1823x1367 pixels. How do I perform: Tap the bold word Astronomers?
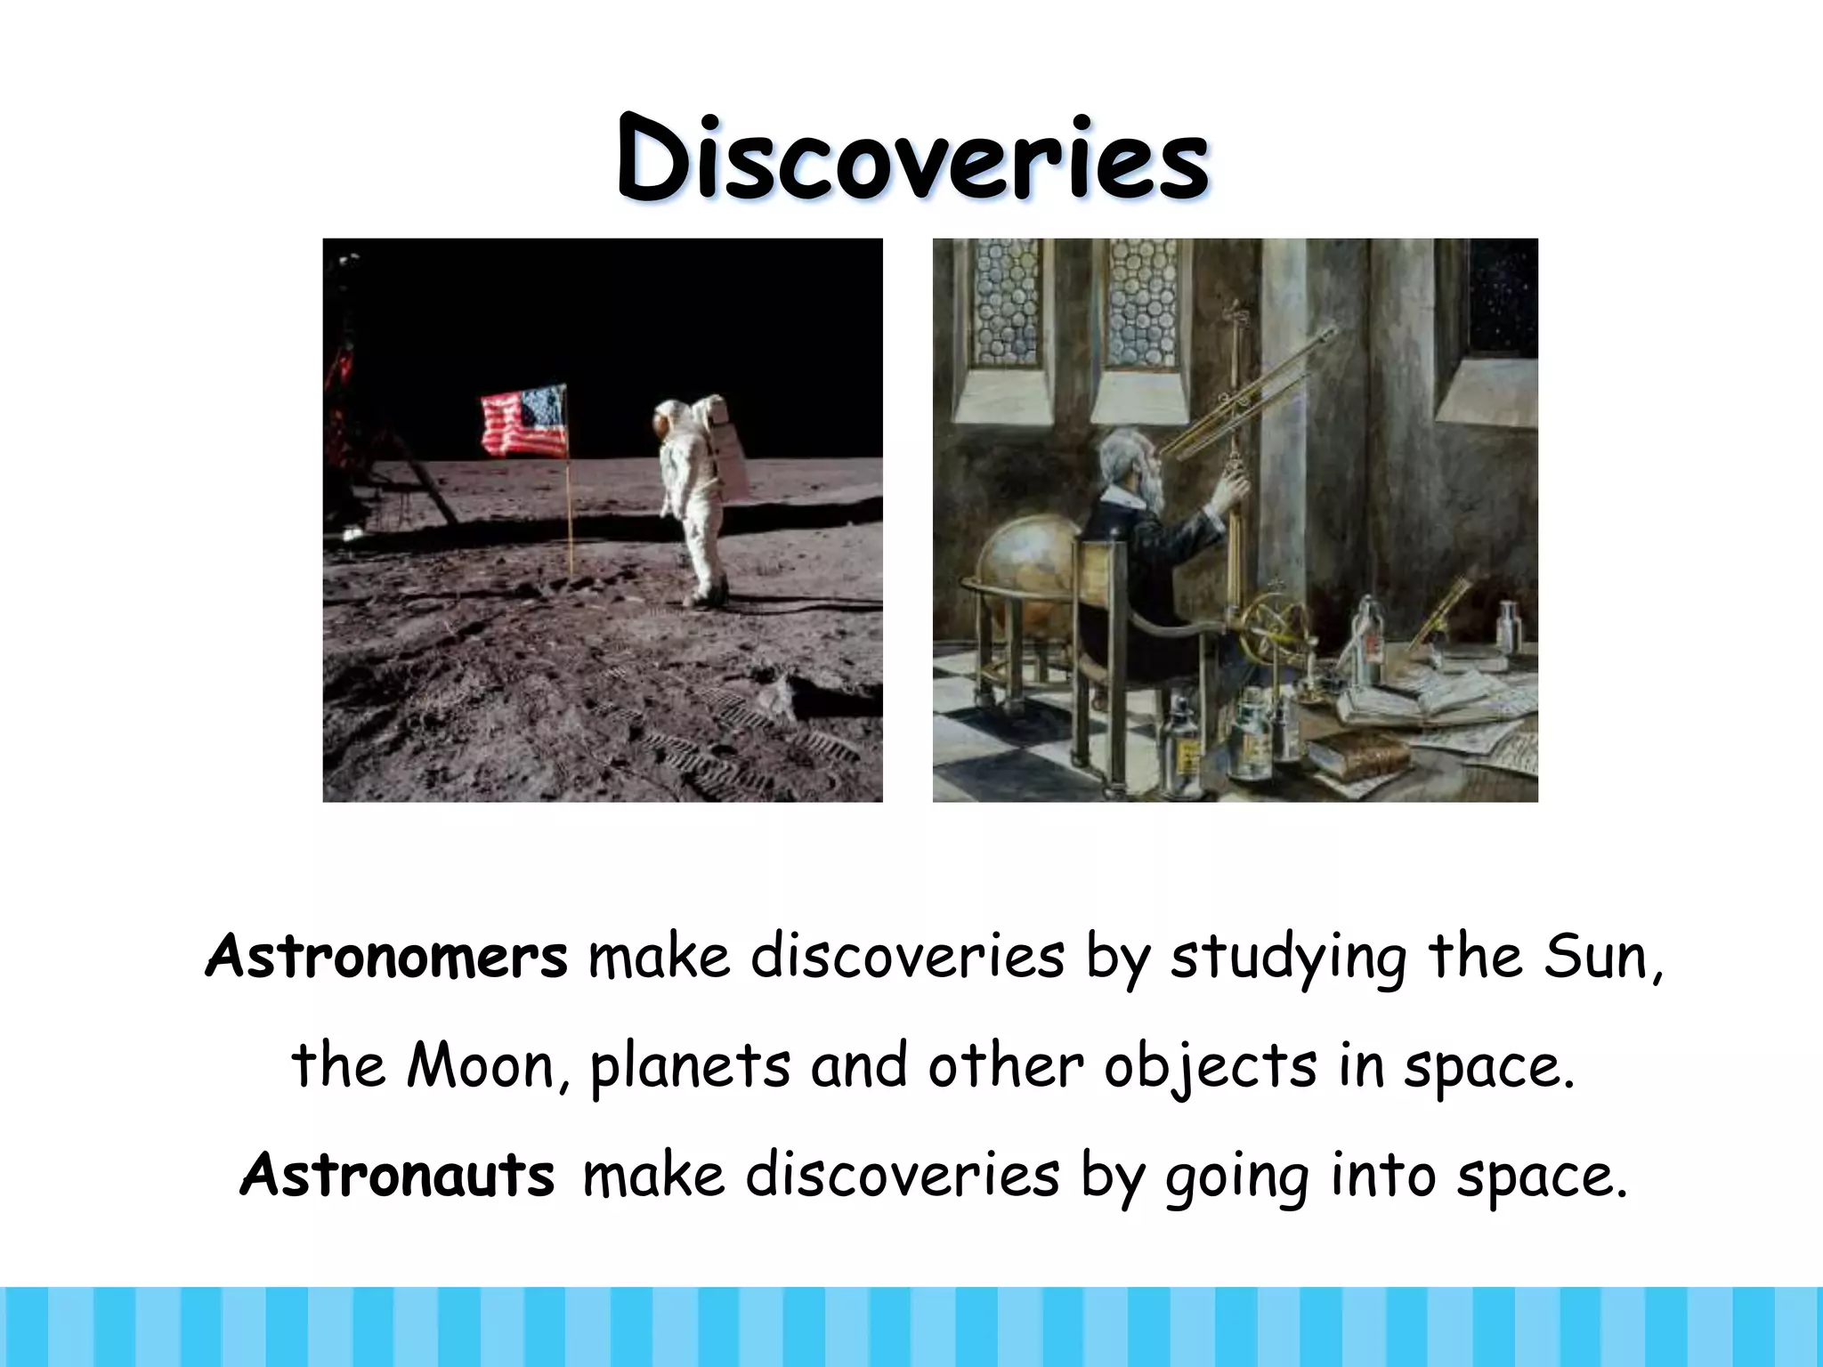pos(386,957)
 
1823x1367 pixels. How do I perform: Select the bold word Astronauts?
pos(398,1175)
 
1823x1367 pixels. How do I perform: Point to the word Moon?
pos(482,1065)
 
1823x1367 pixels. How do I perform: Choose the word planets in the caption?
pos(690,1065)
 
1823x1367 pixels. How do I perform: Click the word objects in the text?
pos(1210,1065)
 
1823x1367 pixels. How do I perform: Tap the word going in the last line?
pos(1237,1177)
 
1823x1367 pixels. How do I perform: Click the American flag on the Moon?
pos(524,420)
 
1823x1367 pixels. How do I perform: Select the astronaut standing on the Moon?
pos(694,498)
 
